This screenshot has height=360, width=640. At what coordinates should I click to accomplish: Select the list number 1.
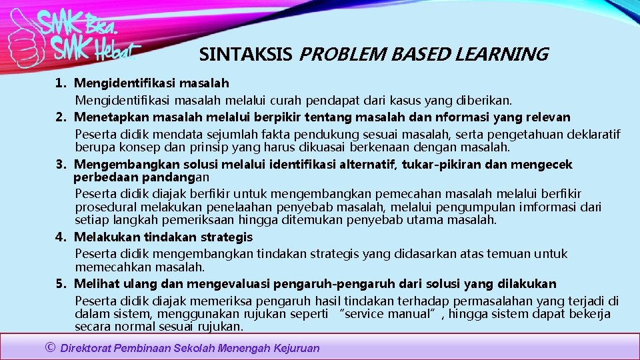(61, 83)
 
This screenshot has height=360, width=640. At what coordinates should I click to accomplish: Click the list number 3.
(61, 165)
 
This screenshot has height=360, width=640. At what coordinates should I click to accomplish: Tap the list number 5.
(61, 284)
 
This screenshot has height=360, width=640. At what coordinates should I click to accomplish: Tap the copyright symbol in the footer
(50, 347)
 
